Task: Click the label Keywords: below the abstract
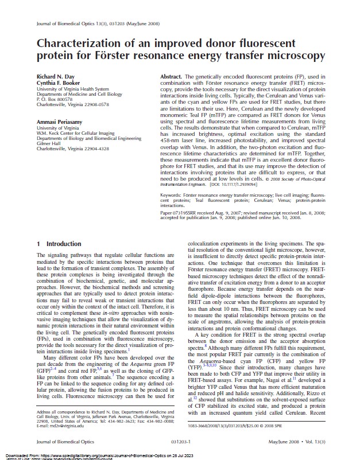172,196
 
